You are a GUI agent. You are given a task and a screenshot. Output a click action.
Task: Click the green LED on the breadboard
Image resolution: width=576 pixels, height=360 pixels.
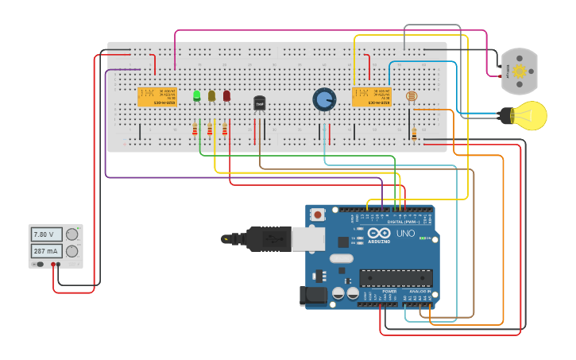click(196, 96)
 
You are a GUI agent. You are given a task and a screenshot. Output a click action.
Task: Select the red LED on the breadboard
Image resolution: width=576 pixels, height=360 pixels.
click(226, 96)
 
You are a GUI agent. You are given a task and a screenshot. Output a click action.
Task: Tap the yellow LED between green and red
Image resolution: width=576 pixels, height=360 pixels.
click(211, 96)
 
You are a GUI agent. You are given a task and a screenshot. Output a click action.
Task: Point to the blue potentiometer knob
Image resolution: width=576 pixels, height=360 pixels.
click(324, 99)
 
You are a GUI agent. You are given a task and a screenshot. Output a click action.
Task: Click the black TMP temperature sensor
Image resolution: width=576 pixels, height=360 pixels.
click(259, 103)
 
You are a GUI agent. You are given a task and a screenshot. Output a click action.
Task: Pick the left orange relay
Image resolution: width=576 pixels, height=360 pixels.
click(157, 96)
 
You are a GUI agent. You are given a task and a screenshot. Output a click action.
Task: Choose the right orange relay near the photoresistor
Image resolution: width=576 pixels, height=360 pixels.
click(372, 96)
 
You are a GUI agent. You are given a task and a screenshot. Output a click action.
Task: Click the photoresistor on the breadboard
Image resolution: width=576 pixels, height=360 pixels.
click(411, 97)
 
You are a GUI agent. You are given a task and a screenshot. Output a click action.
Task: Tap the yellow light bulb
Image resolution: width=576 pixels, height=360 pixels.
click(526, 115)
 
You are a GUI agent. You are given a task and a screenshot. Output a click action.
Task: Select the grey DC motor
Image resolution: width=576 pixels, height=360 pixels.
click(520, 71)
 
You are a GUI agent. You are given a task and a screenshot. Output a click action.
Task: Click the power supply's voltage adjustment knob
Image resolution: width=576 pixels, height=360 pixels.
click(72, 234)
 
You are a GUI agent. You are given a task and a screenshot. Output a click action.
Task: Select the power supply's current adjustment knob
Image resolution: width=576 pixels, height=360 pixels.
click(72, 251)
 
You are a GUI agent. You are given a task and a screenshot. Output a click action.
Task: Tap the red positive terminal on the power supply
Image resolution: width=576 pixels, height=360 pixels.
click(53, 264)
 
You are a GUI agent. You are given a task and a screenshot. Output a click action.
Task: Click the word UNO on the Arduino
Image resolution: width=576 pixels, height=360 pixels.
click(406, 233)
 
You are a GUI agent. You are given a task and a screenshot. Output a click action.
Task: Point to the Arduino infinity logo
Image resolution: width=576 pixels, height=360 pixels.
click(379, 233)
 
